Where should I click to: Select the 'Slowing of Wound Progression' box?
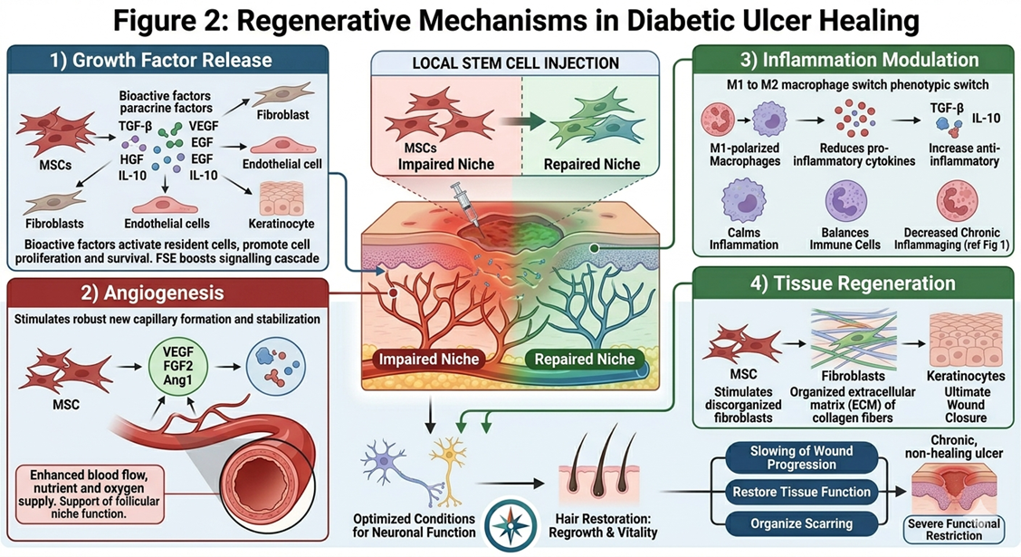coord(788,457)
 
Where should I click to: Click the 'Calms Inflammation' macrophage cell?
coord(732,205)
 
